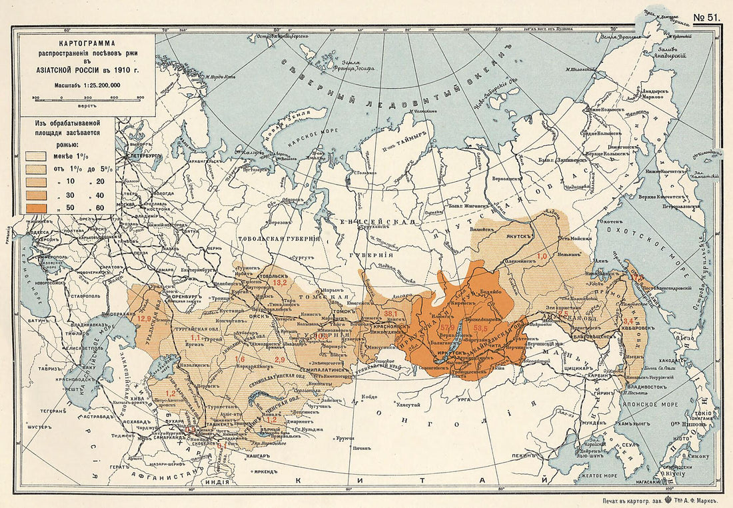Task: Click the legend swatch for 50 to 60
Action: (37, 208)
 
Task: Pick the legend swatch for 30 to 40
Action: (37, 195)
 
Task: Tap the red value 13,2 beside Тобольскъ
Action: (279, 283)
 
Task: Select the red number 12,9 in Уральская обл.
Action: (145, 319)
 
